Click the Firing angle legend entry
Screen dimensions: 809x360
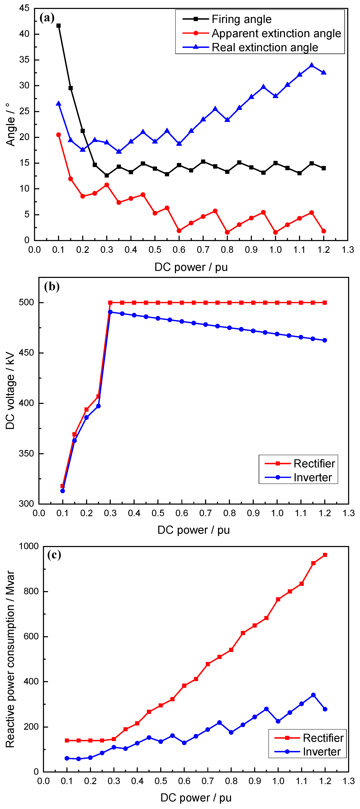pyautogui.click(x=241, y=19)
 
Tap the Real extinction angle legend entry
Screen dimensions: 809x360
pyautogui.click(x=265, y=47)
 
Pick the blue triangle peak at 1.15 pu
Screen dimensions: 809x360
pyautogui.click(x=312, y=65)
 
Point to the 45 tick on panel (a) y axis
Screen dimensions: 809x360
pyautogui.click(x=25, y=8)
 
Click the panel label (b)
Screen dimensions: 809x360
pyautogui.click(x=52, y=286)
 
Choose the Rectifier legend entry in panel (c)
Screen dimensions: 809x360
pyautogui.click(x=323, y=738)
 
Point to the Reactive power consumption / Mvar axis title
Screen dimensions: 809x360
pyautogui.click(x=10, y=659)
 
